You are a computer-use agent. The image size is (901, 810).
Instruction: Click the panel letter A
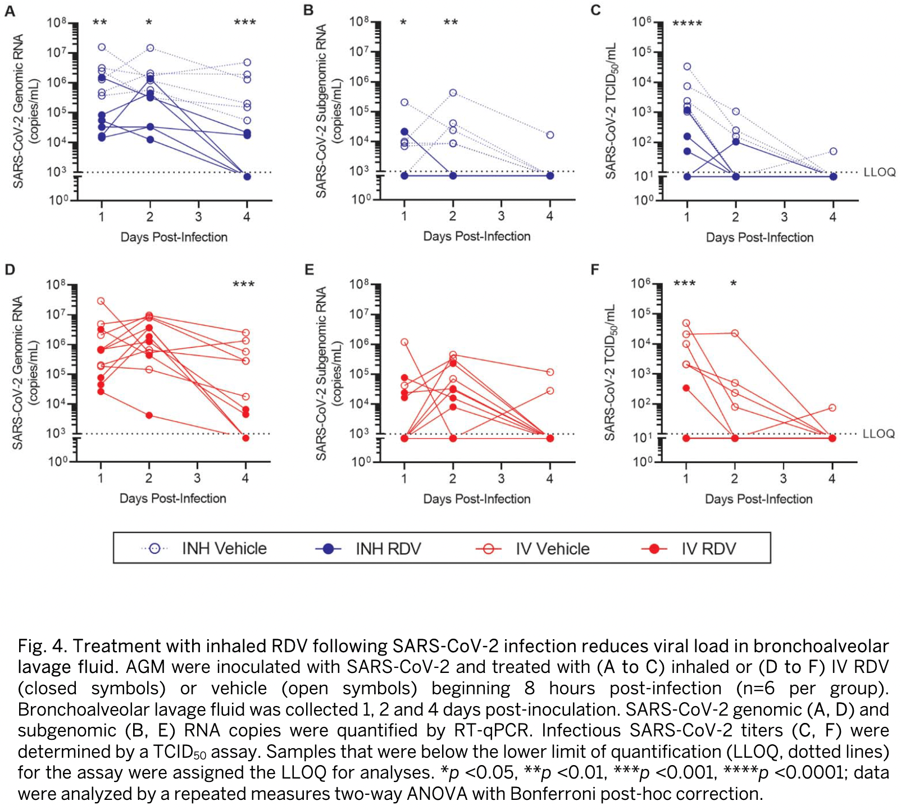coord(10,11)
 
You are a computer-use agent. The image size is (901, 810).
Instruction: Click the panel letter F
coord(595,270)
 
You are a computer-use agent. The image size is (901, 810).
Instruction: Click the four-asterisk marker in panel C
coord(687,24)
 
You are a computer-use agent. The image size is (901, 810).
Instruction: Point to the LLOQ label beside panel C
coord(879,172)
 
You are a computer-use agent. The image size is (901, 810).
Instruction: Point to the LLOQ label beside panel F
coord(878,434)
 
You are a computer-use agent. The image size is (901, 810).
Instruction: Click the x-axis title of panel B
coord(476,236)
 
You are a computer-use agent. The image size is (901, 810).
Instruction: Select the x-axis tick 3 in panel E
coord(501,479)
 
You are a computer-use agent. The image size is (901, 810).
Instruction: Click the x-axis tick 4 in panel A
coord(247,217)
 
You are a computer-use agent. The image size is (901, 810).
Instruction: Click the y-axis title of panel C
coord(611,111)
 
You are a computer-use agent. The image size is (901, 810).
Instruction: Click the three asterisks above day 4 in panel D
coord(244,284)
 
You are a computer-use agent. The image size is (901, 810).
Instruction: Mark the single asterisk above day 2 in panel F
coord(734,284)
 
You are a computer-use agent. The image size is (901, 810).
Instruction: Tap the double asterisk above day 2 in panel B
coord(450,22)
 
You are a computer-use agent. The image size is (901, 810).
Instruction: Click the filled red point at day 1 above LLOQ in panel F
coord(686,388)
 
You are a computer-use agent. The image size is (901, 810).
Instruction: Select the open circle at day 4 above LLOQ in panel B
coord(550,135)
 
